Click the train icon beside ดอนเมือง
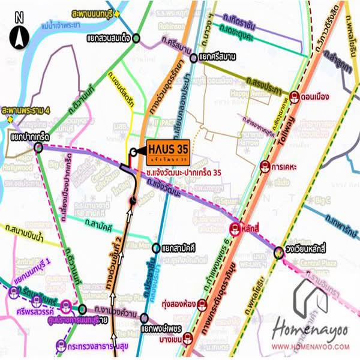[x=294, y=95]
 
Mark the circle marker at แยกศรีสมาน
[x=193, y=58]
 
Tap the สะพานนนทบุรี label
[x=93, y=12]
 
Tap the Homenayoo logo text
[x=311, y=329]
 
